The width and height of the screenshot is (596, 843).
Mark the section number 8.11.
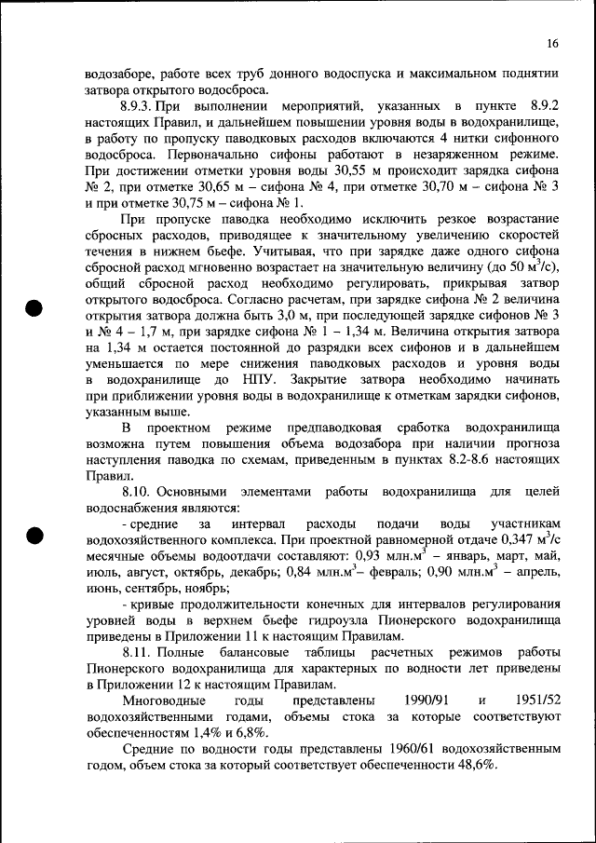coord(135,650)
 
